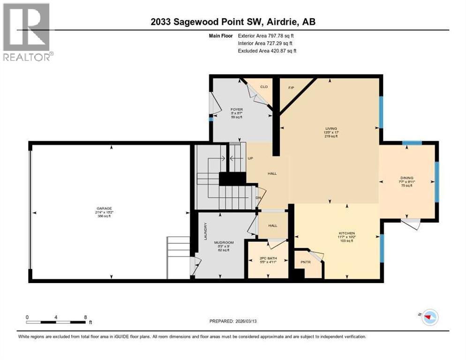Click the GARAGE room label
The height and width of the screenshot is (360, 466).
coord(104,209)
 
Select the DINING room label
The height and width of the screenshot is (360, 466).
coord(406,178)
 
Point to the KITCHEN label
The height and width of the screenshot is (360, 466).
coord(347,233)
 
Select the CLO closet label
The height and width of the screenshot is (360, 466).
coord(263,87)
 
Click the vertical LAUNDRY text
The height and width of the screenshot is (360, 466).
coord(205,231)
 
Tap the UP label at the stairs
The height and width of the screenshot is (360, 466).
coord(250,158)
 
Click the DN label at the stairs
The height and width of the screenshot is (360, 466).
coord(258,197)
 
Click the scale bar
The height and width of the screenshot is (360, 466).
coord(56,322)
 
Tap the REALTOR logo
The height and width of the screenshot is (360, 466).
coord(27,32)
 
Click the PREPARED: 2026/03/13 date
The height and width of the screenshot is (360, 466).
coord(233,321)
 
